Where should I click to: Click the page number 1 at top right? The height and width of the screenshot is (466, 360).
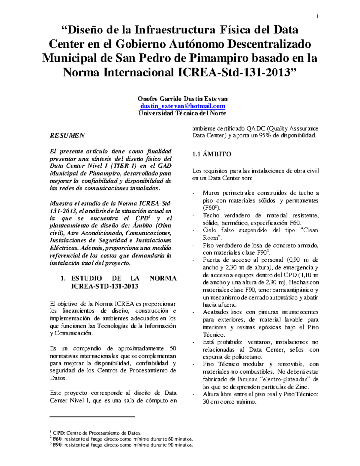tap(317, 17)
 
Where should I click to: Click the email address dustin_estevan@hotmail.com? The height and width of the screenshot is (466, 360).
tap(183, 106)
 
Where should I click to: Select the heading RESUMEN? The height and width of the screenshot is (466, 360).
tap(67, 135)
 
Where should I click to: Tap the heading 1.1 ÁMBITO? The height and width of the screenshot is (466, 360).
tap(212, 154)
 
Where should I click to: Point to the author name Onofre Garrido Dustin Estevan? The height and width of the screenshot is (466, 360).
tap(182, 99)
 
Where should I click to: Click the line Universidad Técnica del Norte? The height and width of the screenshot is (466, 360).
tap(182, 113)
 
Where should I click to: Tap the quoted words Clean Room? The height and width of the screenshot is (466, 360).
tap(306, 230)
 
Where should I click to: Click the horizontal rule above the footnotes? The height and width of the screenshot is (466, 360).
tap(92, 417)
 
